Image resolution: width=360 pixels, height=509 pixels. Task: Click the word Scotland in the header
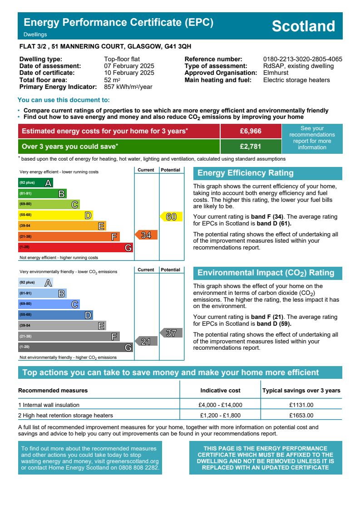(x=303, y=26)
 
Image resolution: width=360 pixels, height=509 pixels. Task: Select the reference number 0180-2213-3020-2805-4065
(x=302, y=59)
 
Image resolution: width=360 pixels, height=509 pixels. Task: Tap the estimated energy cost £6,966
(x=251, y=131)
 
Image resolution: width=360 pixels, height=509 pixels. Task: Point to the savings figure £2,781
(x=251, y=147)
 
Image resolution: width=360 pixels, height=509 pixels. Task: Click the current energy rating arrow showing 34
(x=146, y=235)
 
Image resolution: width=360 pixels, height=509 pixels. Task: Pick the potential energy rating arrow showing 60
(x=171, y=217)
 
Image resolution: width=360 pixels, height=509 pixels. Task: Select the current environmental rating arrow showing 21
(x=146, y=342)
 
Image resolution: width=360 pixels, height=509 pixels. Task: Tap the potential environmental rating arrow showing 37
(x=171, y=333)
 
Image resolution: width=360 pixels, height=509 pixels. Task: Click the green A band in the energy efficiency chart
(x=35, y=183)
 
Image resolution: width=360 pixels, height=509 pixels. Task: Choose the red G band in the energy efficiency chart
(x=75, y=248)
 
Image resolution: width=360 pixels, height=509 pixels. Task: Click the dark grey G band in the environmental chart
(x=75, y=347)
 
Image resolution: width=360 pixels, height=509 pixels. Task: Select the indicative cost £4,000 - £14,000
(x=221, y=405)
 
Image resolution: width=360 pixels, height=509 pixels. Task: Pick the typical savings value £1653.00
(x=301, y=415)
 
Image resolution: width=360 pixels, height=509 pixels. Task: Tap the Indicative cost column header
(x=221, y=391)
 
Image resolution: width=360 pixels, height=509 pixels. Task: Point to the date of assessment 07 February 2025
(x=129, y=66)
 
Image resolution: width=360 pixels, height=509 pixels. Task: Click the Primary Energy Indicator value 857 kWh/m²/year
(x=128, y=87)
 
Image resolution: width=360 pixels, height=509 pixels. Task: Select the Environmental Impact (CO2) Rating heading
(x=266, y=273)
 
